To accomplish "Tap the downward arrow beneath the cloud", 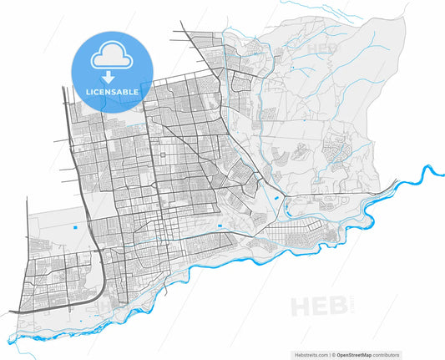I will (109, 76).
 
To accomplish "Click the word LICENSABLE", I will (109, 90).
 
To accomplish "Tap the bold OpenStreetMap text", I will (356, 354).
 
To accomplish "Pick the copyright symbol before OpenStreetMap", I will (333, 354).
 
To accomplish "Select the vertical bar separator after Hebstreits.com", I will (328, 354).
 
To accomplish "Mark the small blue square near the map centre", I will (219, 226).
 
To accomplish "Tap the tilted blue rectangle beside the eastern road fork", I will (276, 198).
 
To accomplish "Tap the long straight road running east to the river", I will (334, 196).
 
